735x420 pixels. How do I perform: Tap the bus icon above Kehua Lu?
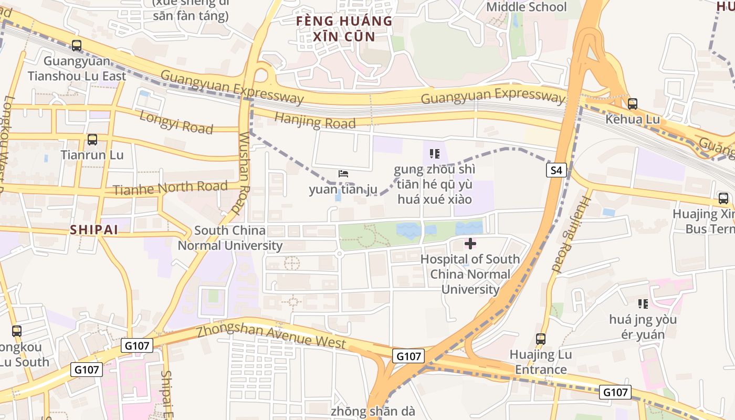click(632, 104)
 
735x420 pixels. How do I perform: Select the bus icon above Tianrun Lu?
click(92, 140)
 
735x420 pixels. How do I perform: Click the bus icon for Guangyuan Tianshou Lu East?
click(77, 46)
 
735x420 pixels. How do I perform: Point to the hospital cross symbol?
click(470, 244)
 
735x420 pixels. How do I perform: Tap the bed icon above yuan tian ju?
click(343, 174)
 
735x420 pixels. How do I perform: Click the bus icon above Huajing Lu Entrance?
click(541, 339)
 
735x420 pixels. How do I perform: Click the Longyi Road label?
click(176, 122)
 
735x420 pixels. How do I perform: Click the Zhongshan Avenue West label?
click(271, 337)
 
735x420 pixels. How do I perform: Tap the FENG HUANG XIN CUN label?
click(344, 29)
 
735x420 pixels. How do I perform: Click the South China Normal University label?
click(230, 238)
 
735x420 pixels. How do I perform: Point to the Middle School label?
click(526, 7)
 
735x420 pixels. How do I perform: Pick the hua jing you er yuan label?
click(643, 327)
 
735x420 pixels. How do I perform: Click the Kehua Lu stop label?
click(632, 119)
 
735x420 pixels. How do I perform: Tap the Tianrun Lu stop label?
click(92, 155)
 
